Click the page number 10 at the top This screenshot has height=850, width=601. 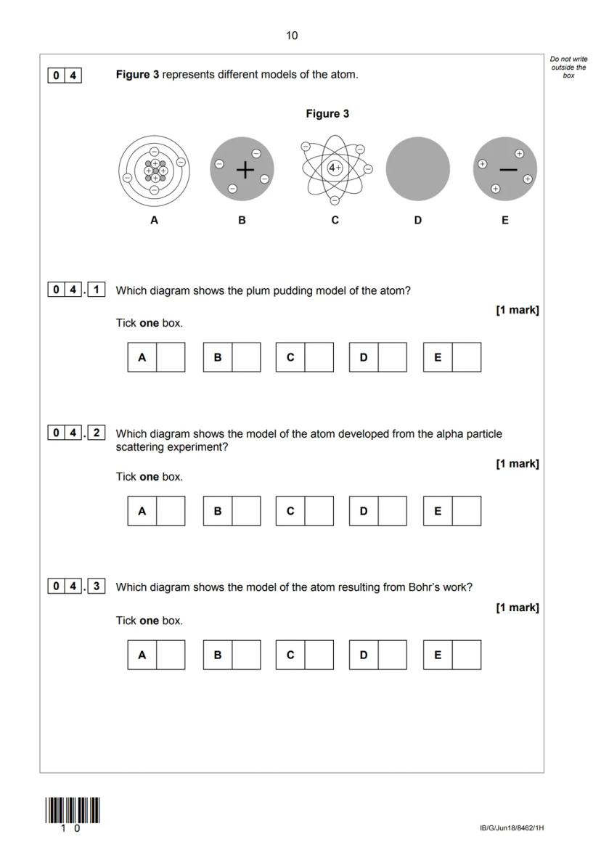(x=292, y=36)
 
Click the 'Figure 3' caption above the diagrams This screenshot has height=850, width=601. (x=327, y=114)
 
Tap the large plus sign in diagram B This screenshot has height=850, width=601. (x=246, y=170)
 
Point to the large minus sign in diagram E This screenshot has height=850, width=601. (x=509, y=170)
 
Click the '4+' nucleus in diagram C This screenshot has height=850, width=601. (x=335, y=168)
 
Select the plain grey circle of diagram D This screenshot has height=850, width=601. (x=417, y=169)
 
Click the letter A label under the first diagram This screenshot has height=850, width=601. (x=154, y=220)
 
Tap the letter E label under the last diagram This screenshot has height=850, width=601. (x=505, y=220)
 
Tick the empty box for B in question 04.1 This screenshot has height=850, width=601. (x=246, y=357)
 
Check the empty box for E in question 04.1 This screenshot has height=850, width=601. (x=466, y=357)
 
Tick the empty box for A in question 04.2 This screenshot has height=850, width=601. (x=171, y=511)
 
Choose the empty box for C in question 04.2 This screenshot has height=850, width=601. (x=319, y=511)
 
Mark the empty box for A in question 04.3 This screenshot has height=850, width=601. (x=171, y=655)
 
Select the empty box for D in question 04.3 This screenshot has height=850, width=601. (x=392, y=655)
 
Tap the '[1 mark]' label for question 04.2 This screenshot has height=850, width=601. (x=517, y=464)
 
